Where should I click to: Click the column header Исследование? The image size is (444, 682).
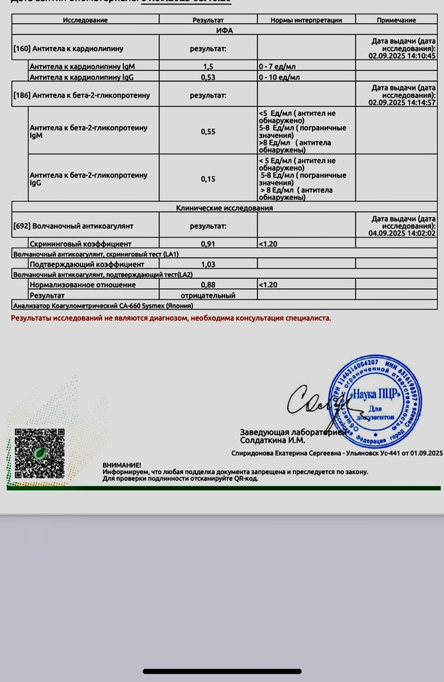click(x=85, y=20)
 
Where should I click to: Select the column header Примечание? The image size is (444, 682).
click(x=396, y=20)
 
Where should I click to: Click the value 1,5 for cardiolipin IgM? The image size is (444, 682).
click(x=208, y=67)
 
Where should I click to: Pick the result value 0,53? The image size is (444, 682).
click(x=208, y=77)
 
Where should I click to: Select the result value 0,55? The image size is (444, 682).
click(x=208, y=131)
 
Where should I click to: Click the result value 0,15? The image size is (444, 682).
click(x=208, y=179)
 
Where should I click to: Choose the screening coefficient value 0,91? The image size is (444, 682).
click(x=208, y=243)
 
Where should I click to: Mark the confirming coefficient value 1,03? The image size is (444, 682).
click(x=208, y=264)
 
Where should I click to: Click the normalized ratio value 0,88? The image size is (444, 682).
click(x=208, y=284)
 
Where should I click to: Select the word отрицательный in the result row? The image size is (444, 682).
click(x=208, y=295)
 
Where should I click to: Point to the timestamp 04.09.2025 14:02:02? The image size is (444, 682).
click(x=402, y=233)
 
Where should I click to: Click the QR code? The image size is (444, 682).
click(x=40, y=452)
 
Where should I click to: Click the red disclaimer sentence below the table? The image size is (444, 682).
click(x=171, y=318)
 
